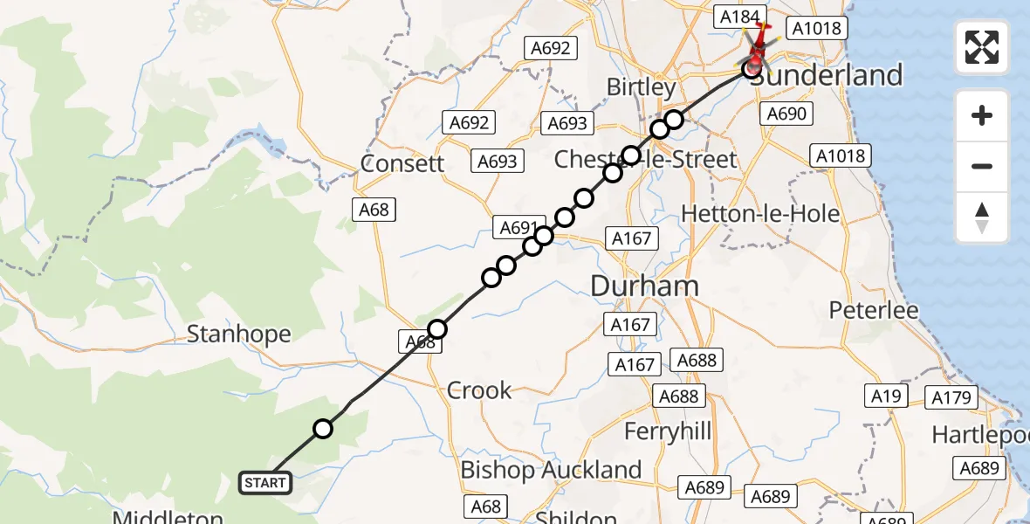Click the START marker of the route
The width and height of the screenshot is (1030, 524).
pyautogui.click(x=265, y=483)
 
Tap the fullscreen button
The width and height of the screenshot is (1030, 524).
pyautogui.click(x=982, y=46)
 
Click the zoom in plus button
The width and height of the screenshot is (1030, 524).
pyautogui.click(x=982, y=115)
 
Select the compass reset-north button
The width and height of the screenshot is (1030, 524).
pyautogui.click(x=982, y=217)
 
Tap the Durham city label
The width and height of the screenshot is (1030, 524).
pyautogui.click(x=645, y=286)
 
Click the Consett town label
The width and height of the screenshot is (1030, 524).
pyautogui.click(x=403, y=163)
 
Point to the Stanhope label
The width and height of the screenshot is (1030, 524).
pyautogui.click(x=238, y=334)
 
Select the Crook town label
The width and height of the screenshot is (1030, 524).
pyautogui.click(x=479, y=390)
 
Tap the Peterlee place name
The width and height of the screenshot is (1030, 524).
pyautogui.click(x=874, y=310)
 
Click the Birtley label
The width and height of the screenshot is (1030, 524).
pyautogui.click(x=642, y=87)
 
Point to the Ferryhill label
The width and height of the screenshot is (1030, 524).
pyautogui.click(x=668, y=431)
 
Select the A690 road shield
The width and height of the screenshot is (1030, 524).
pyautogui.click(x=786, y=114)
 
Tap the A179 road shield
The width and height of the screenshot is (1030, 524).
pyautogui.click(x=951, y=397)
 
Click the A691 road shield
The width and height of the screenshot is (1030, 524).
pyautogui.click(x=518, y=228)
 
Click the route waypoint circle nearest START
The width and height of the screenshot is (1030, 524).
pyautogui.click(x=323, y=428)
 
